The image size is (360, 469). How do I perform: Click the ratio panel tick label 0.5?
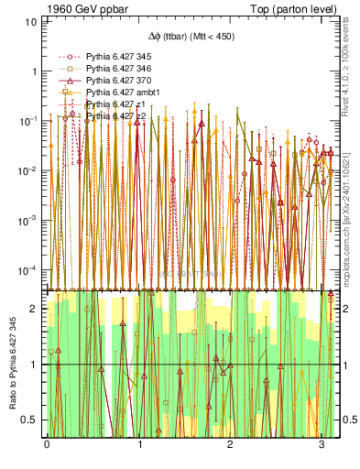click(x=30, y=420)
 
